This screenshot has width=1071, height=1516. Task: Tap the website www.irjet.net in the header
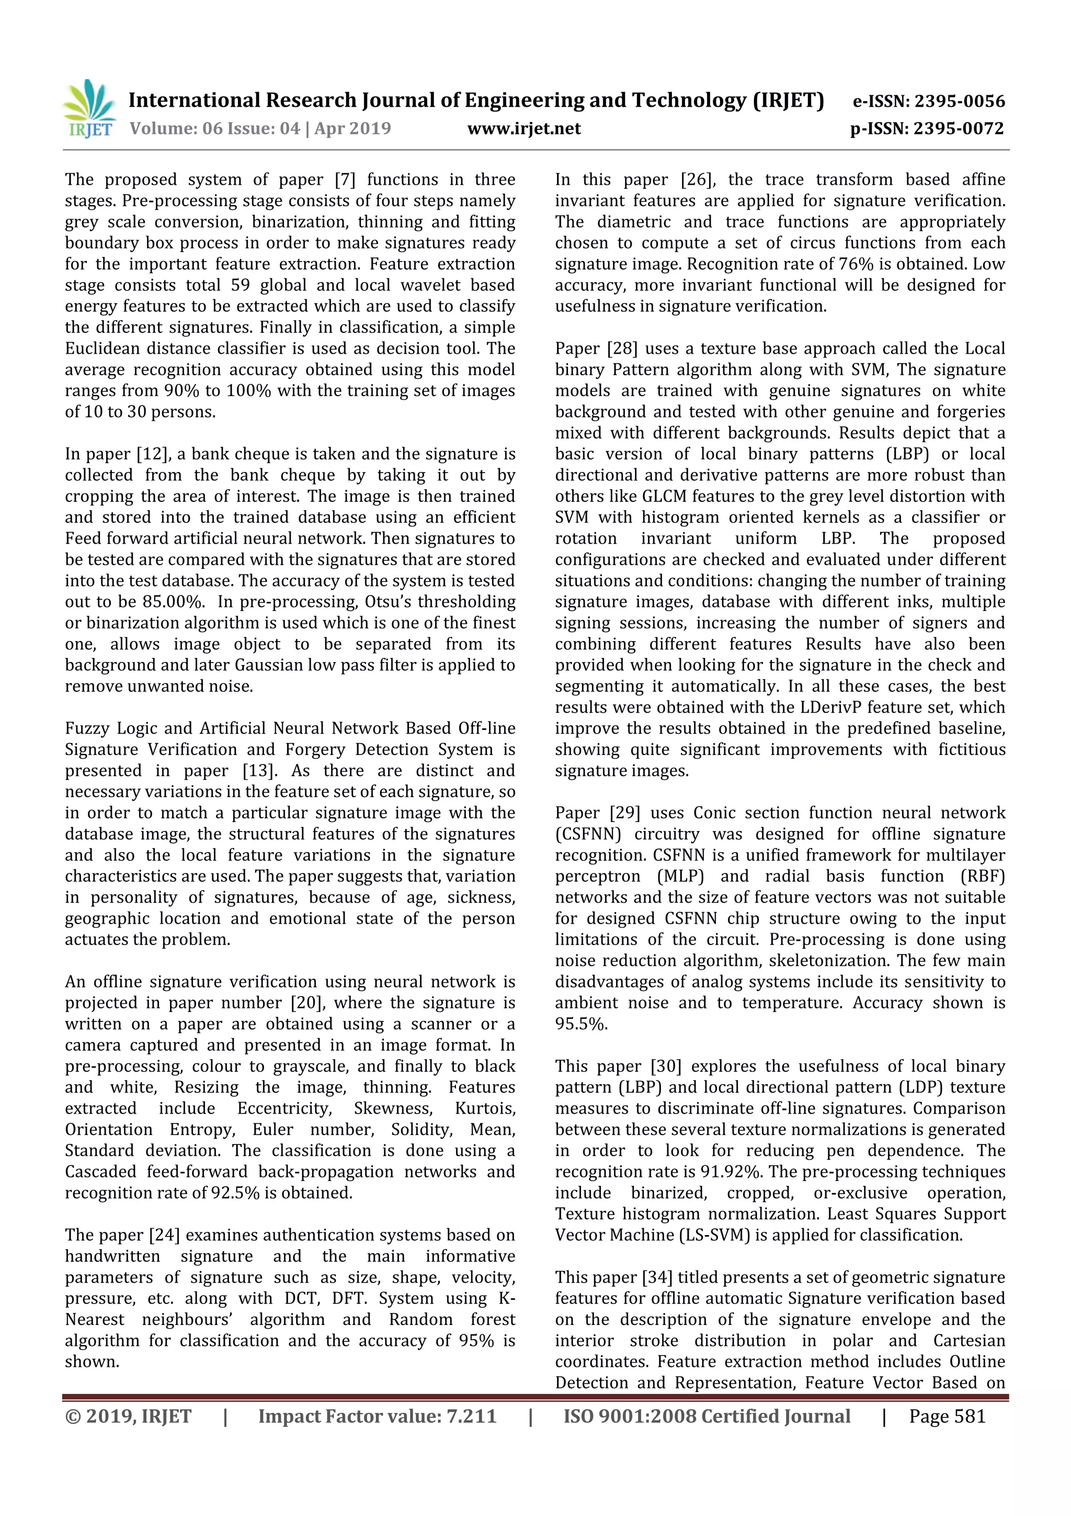pyautogui.click(x=524, y=129)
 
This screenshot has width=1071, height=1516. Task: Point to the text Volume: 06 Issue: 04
pyautogui.click(x=214, y=129)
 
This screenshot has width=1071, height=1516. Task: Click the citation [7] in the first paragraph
pyautogui.click(x=345, y=179)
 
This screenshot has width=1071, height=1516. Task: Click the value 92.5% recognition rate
pyautogui.click(x=235, y=1193)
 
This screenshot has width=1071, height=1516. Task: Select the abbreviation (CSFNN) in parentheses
pyautogui.click(x=588, y=834)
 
